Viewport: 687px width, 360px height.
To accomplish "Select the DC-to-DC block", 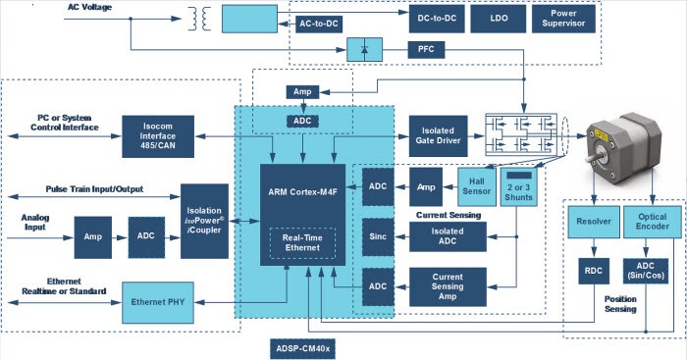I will [x=437, y=18].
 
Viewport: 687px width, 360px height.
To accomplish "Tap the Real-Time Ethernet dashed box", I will [x=302, y=243].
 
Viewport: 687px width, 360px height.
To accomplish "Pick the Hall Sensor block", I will [x=476, y=184].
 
